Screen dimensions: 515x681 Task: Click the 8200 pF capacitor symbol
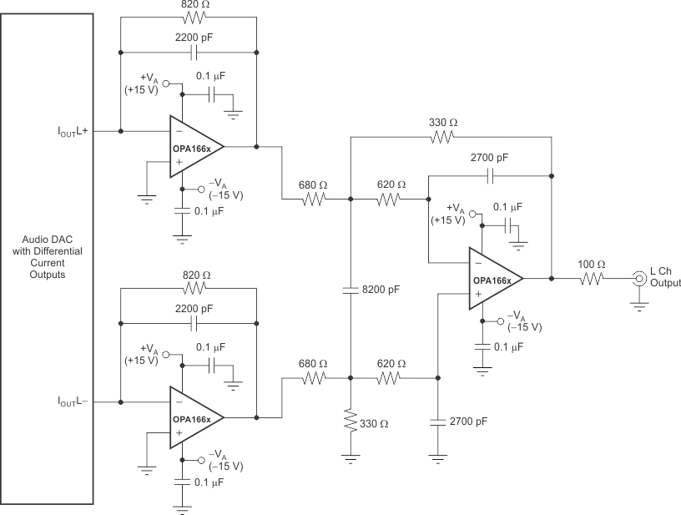[351, 290]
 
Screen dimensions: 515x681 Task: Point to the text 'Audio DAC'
[54, 239]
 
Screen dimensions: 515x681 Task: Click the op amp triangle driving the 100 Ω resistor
[494, 278]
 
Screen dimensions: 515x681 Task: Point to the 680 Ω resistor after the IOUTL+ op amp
[315, 199]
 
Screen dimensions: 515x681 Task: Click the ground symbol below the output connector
[639, 307]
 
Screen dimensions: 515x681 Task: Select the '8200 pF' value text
[382, 290]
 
